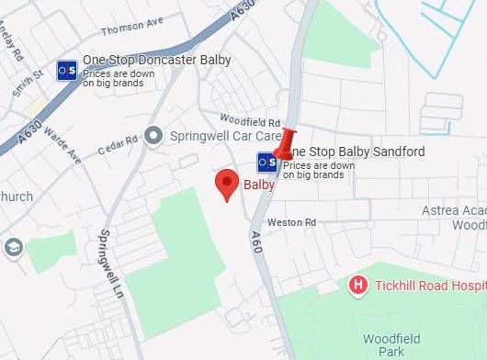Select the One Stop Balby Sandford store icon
(266, 162)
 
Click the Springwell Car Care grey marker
(154, 135)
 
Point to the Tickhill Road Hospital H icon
(359, 286)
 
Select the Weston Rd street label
(291, 222)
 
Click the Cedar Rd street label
(118, 141)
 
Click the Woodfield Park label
(391, 345)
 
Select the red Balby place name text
(259, 185)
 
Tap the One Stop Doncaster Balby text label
(157, 61)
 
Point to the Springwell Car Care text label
(225, 135)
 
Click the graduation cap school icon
(13, 247)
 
